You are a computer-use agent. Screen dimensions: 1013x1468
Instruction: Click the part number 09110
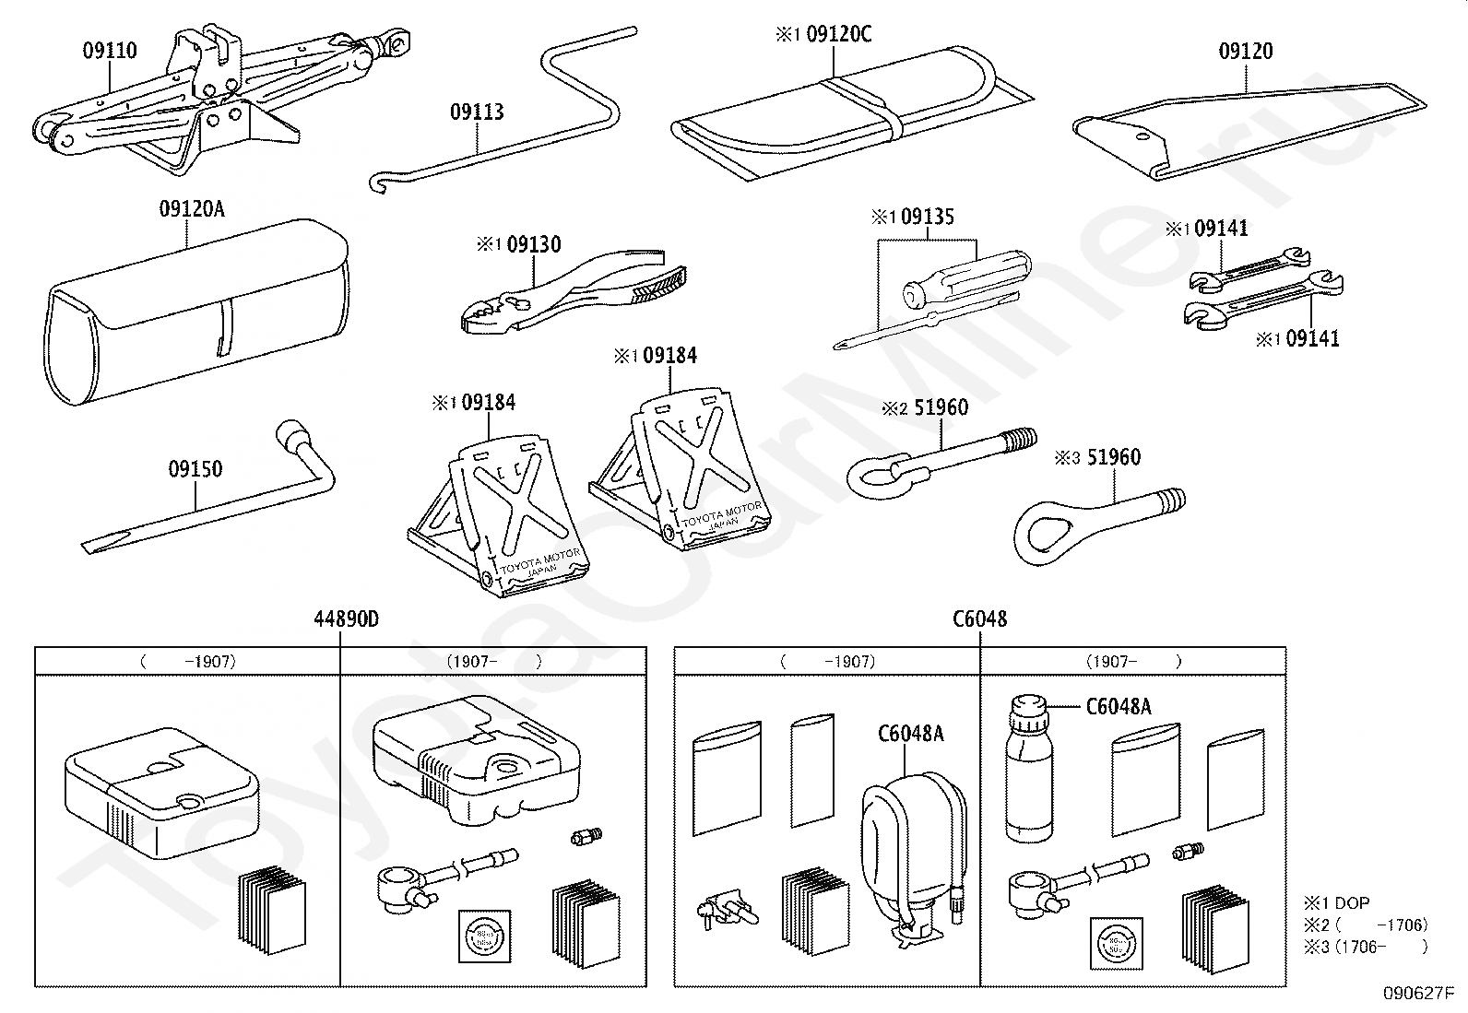110,50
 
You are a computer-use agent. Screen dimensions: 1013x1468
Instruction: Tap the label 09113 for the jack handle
477,112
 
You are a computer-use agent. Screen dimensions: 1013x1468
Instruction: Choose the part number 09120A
191,209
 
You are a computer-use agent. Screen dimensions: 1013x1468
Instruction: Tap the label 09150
195,469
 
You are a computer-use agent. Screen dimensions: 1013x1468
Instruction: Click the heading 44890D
346,619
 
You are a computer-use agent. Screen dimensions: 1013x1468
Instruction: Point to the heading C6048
979,619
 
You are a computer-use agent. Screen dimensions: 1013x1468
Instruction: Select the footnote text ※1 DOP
1336,903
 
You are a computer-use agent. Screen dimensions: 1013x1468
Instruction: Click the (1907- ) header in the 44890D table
492,661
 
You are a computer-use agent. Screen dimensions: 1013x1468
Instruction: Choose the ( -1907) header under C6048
826,661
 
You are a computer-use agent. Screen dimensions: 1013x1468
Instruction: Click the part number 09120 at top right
1246,52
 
